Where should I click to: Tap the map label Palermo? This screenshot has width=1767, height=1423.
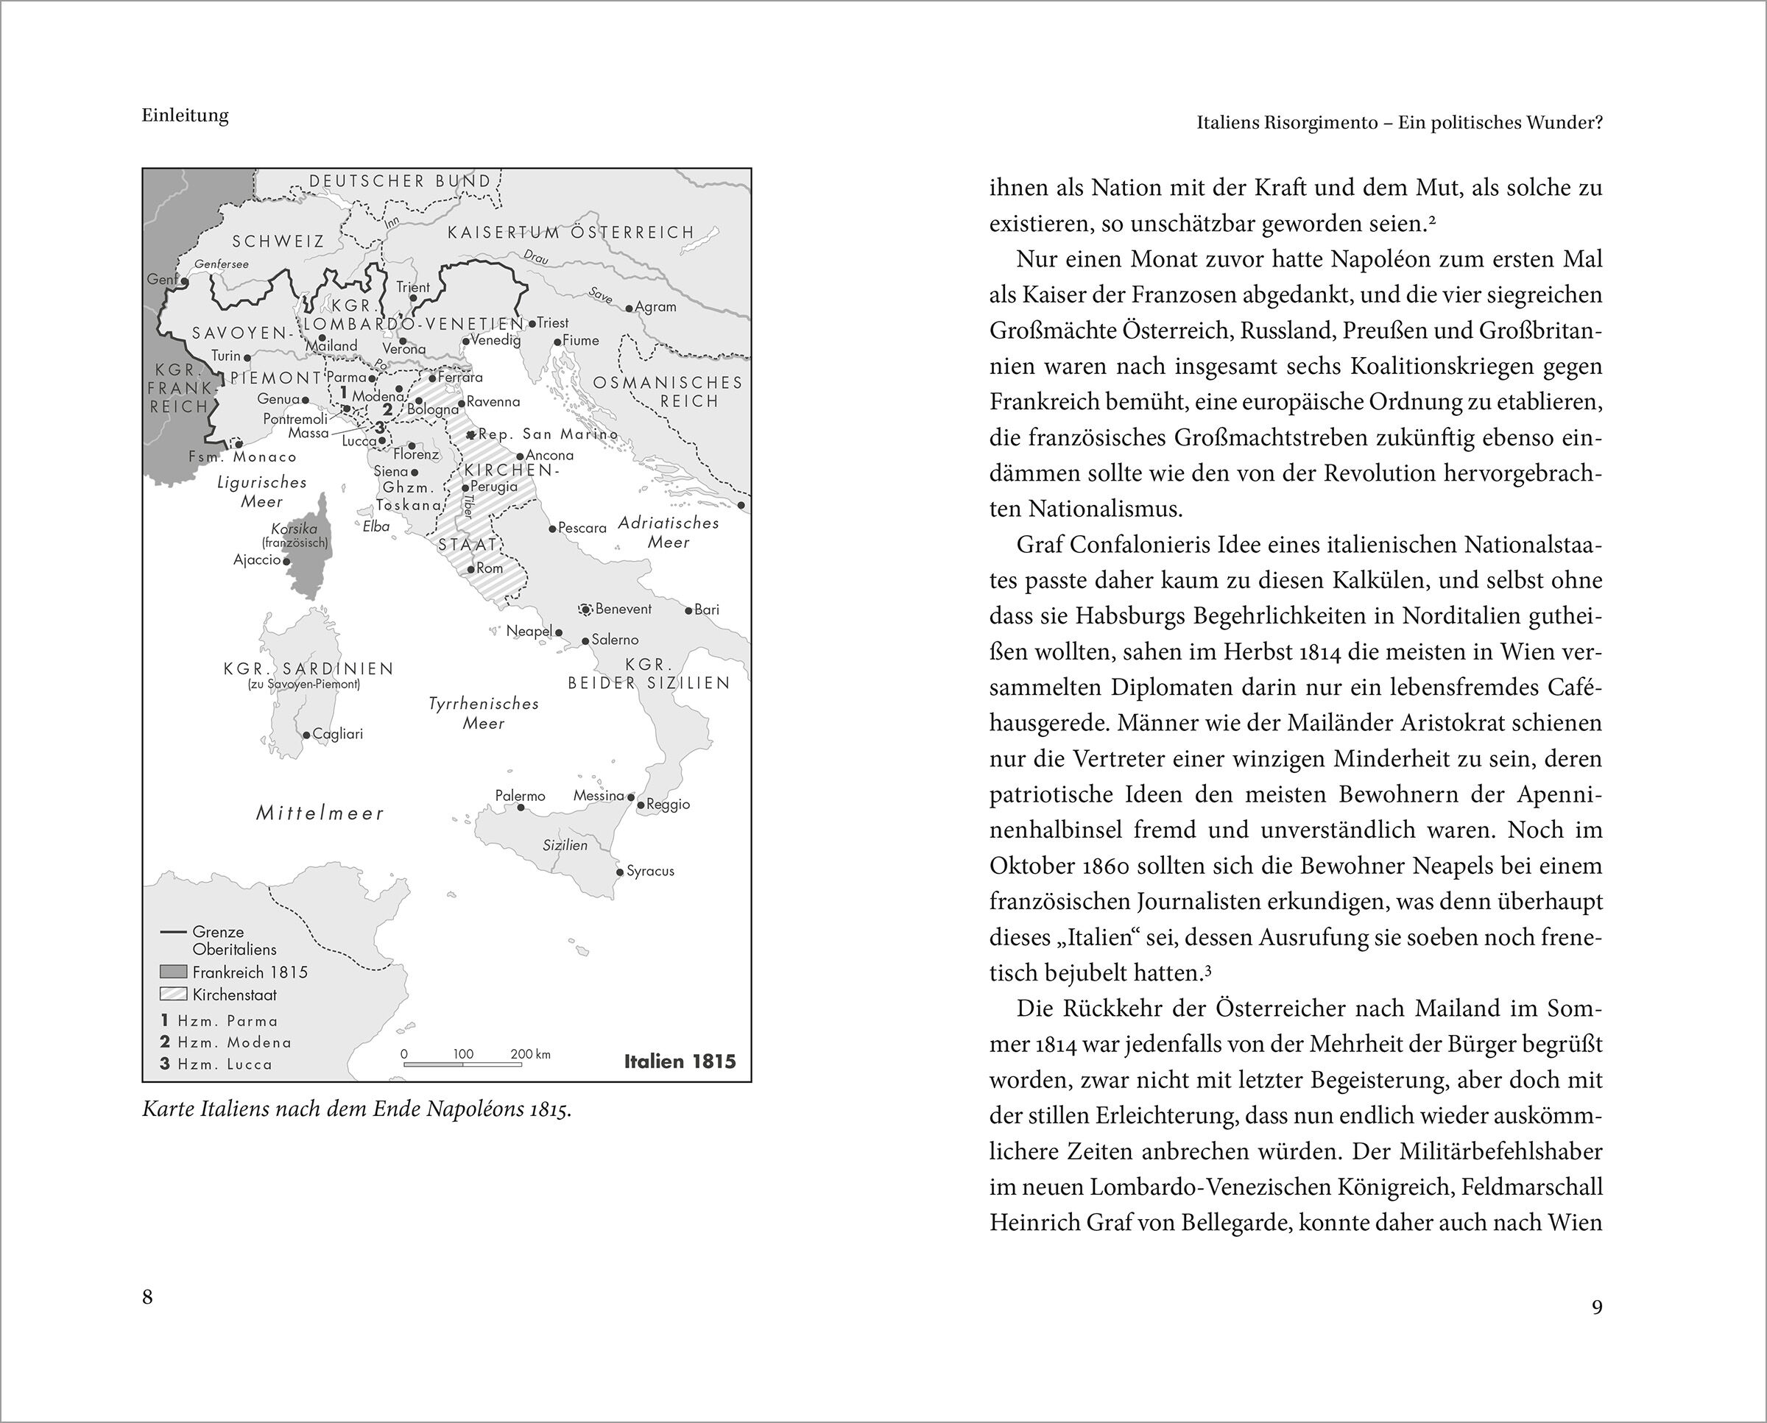[520, 796]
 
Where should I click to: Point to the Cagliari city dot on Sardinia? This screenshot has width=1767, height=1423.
[306, 735]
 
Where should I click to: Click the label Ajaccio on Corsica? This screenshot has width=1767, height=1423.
[258, 560]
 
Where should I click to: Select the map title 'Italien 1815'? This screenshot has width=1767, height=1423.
[680, 1062]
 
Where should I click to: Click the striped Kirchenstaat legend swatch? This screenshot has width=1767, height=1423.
[173, 995]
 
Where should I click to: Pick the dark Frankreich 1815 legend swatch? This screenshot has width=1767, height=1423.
[173, 972]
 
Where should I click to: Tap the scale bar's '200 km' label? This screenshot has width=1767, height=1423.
[530, 1054]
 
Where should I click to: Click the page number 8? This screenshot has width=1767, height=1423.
[147, 1297]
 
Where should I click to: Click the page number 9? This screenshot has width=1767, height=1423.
[1596, 1307]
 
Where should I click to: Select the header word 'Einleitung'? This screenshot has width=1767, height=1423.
[186, 116]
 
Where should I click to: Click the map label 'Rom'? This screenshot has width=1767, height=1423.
[490, 568]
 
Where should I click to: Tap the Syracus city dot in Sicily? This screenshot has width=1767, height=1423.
[620, 872]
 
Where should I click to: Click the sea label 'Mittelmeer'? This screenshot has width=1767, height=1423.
[320, 813]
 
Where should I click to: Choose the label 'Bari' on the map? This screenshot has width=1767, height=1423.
[707, 609]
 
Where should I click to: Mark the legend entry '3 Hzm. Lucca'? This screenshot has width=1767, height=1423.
[216, 1064]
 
